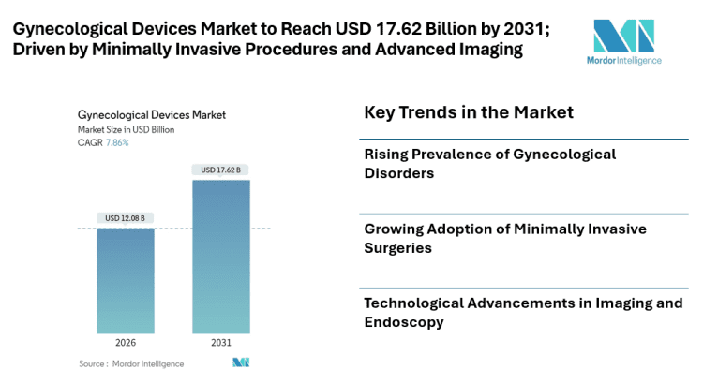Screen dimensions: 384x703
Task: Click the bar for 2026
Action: click(126, 280)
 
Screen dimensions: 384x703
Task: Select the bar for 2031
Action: click(221, 256)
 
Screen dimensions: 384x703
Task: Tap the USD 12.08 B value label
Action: click(126, 218)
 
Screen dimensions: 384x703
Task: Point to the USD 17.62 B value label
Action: click(221, 170)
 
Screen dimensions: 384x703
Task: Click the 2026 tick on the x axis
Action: click(126, 343)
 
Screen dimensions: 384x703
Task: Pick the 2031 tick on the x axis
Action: click(221, 343)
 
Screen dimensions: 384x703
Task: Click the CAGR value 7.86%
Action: click(117, 143)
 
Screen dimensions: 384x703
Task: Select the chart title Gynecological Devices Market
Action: click(152, 115)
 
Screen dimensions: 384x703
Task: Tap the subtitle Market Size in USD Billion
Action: click(128, 130)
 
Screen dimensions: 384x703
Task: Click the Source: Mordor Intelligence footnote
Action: click(131, 363)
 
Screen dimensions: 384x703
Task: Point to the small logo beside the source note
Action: click(241, 362)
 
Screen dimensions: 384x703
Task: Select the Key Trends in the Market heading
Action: click(469, 113)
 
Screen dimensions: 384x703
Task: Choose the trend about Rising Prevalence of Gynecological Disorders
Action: click(489, 163)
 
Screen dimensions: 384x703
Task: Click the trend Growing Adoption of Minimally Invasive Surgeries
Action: click(504, 238)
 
